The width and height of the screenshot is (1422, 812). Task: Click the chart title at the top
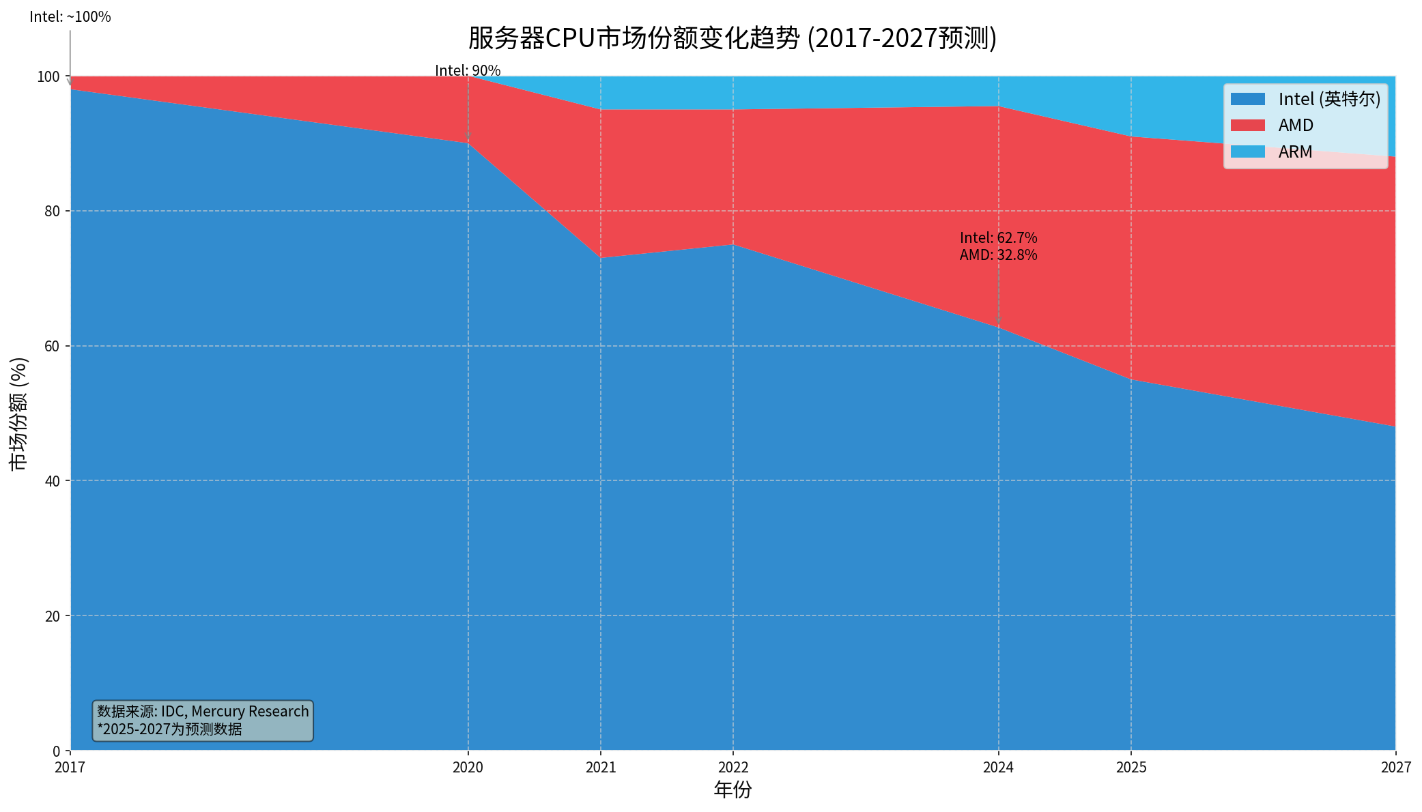point(733,38)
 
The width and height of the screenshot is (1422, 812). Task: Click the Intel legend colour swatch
point(1247,100)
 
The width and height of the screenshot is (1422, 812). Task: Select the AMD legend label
point(1296,126)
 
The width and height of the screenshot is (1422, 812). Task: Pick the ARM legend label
point(1295,152)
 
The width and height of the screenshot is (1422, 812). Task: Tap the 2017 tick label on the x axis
point(70,768)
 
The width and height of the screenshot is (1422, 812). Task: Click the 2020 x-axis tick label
point(468,768)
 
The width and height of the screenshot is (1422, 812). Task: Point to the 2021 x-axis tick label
point(601,768)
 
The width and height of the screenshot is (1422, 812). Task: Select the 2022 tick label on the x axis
point(733,768)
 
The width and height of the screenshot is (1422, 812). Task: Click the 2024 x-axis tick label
point(998,768)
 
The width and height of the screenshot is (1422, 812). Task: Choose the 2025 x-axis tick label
point(1131,768)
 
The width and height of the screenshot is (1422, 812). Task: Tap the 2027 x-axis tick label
point(1395,768)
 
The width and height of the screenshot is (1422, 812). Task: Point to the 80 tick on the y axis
point(53,211)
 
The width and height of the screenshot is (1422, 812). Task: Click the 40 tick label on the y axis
point(53,481)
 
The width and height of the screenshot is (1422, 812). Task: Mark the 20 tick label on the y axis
point(53,616)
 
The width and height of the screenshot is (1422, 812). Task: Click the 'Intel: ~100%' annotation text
point(70,17)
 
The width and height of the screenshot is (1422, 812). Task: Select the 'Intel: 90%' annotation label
point(468,71)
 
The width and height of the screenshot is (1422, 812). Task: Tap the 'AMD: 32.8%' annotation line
point(998,255)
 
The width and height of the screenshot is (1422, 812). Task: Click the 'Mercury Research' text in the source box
point(250,712)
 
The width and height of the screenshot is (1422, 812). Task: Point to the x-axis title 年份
point(733,790)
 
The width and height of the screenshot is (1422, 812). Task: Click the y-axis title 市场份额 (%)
point(18,414)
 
